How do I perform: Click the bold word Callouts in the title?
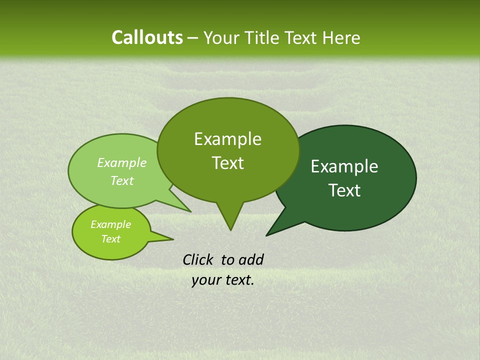(x=147, y=38)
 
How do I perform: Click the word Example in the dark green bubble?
(x=344, y=166)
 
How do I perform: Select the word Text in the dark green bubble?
(x=344, y=190)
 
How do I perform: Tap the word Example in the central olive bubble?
(x=227, y=139)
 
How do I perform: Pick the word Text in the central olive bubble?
(x=227, y=163)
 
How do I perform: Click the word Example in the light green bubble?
(x=122, y=162)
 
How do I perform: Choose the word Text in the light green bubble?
(x=122, y=180)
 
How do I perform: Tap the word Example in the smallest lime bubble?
(x=110, y=224)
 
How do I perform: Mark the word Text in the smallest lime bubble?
(x=110, y=239)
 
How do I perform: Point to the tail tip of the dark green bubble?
(x=267, y=235)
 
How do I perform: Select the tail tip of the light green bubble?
(x=190, y=211)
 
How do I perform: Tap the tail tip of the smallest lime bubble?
(x=173, y=239)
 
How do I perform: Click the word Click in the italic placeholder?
(x=198, y=259)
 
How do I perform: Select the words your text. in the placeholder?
(x=223, y=280)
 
